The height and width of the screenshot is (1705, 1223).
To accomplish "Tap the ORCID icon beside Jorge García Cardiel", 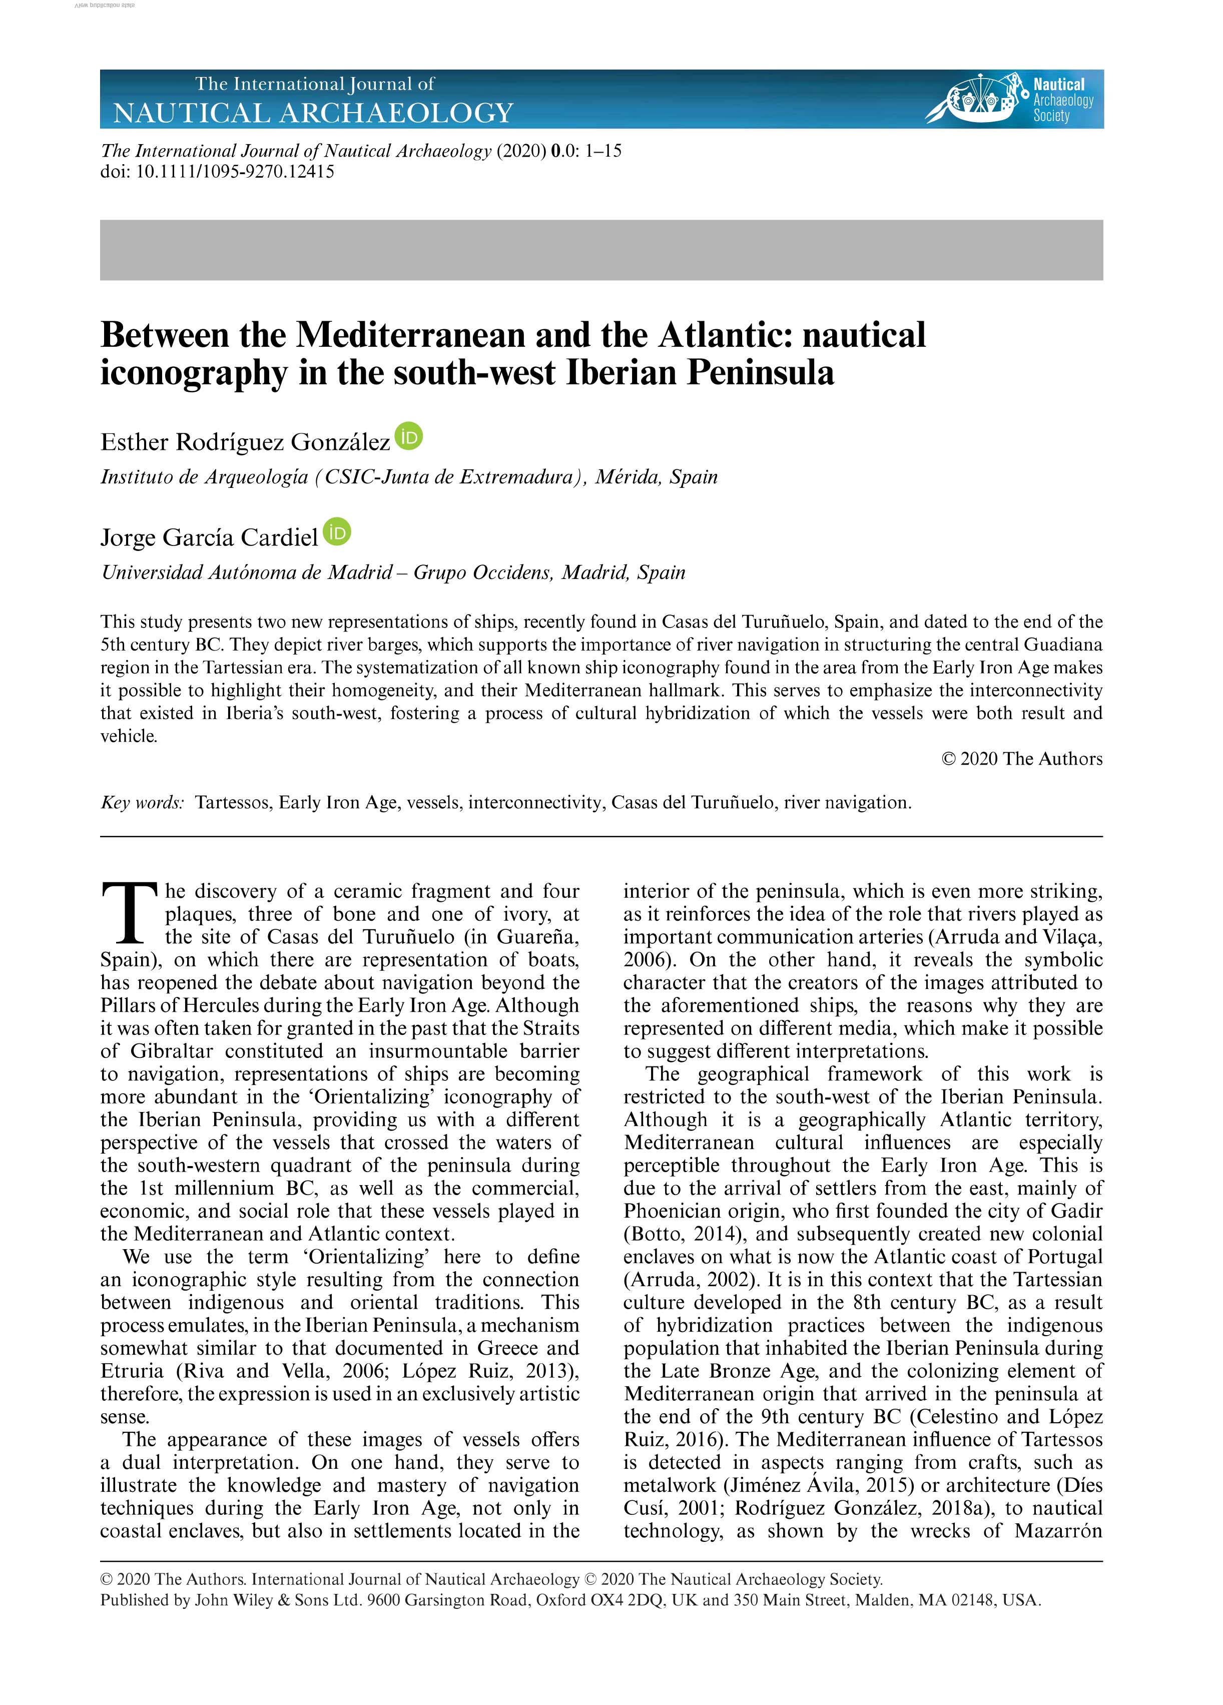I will [337, 532].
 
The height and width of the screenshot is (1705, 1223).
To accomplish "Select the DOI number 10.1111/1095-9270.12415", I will [235, 172].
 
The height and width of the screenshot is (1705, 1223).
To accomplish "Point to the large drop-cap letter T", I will [129, 913].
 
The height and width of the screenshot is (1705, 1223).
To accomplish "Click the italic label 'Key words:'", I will [142, 802].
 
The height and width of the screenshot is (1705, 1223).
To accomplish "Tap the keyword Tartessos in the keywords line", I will [232, 802].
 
